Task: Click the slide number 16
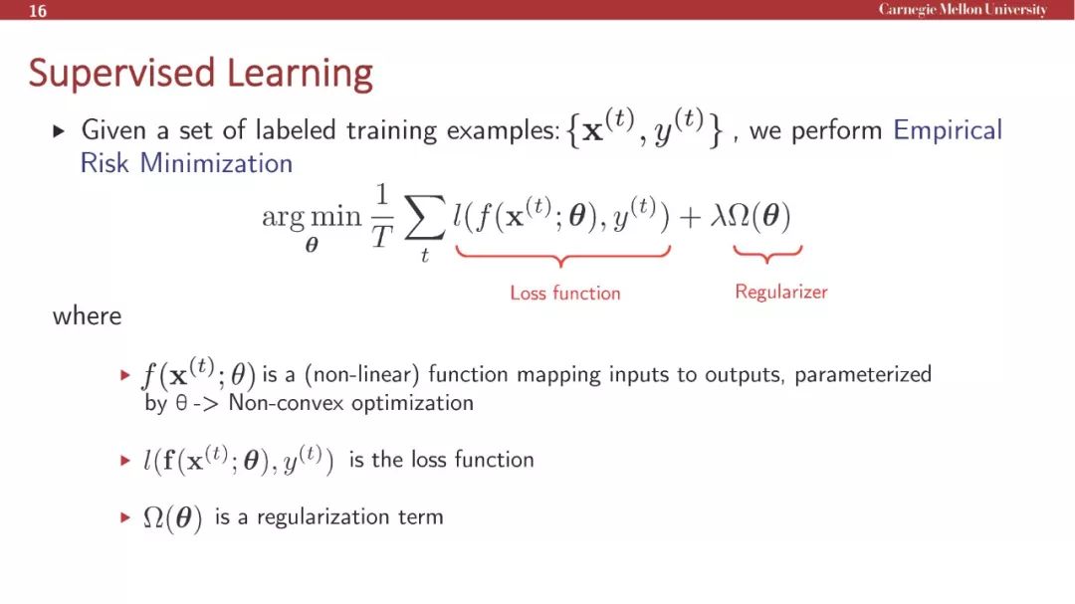[x=38, y=11]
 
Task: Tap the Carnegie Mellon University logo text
[x=963, y=10]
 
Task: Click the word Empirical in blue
[x=948, y=130]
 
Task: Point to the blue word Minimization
[x=216, y=163]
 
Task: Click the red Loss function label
[x=565, y=293]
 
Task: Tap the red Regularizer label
[x=781, y=293]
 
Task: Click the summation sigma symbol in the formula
[x=424, y=219]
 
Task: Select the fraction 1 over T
[x=382, y=216]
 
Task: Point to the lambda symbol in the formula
[x=718, y=216]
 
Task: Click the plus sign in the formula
[x=690, y=217]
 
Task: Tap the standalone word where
[x=87, y=316]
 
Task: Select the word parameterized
[x=862, y=374]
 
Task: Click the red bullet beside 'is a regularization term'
[x=124, y=516]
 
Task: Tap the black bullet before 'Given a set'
[x=59, y=130]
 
